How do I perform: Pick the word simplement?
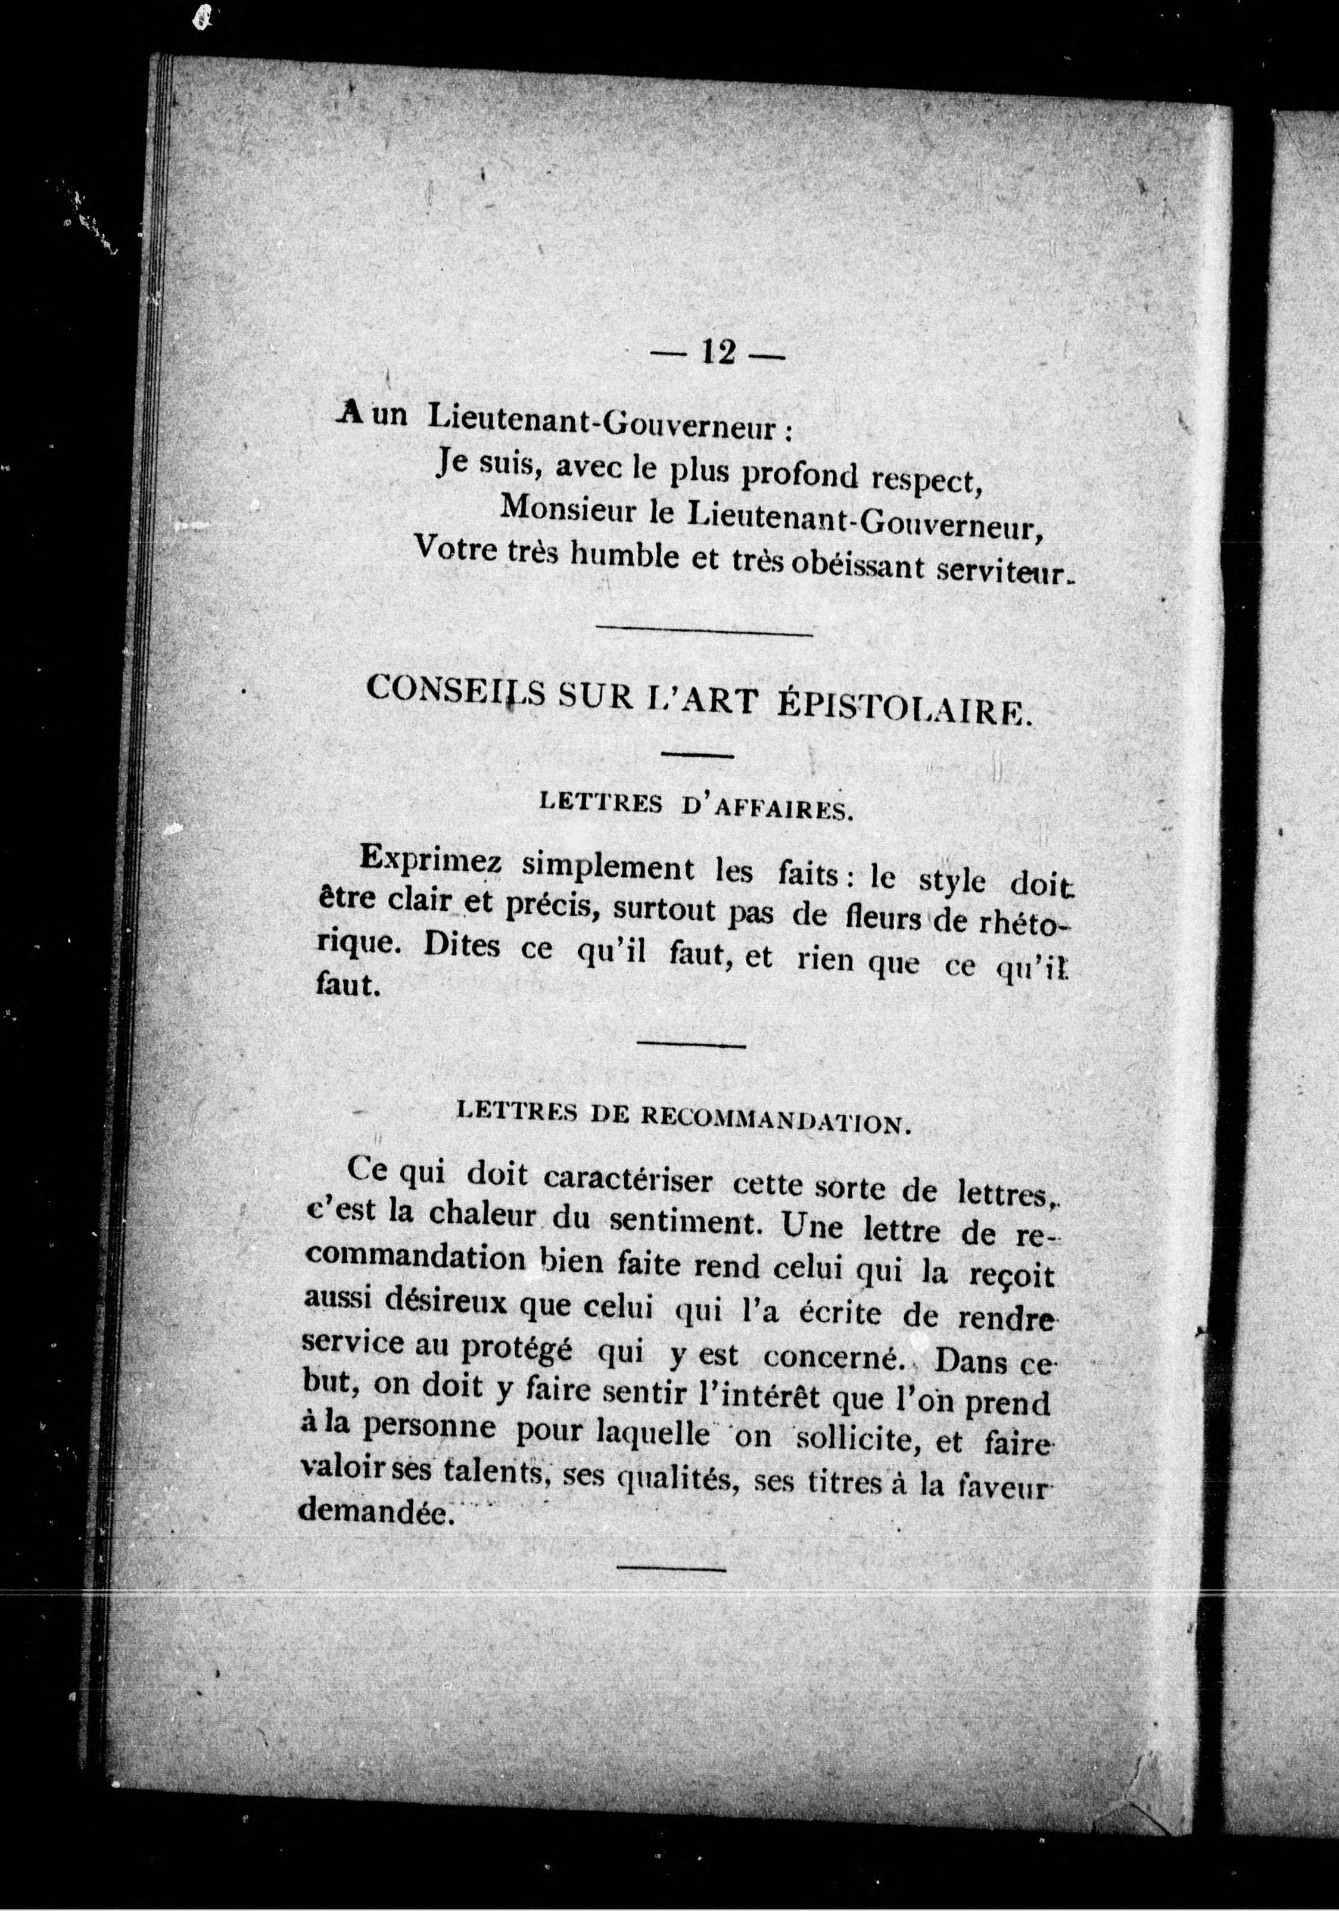pos(608,868)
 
